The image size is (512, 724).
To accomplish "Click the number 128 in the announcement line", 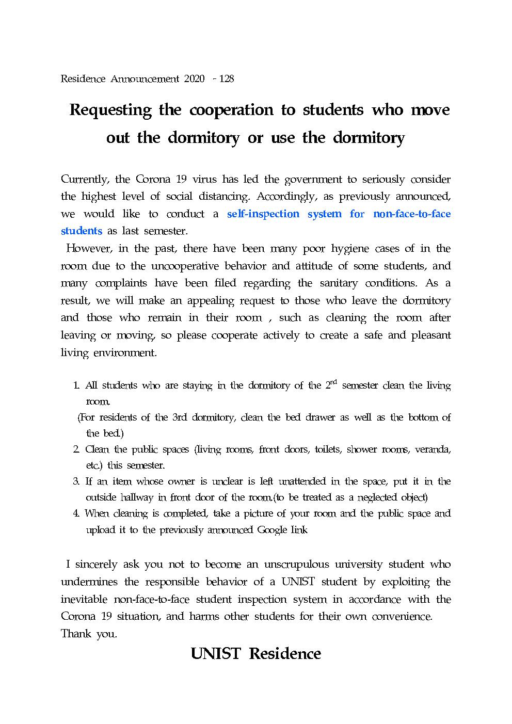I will [227, 79].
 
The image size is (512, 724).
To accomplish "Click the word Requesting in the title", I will [110, 110].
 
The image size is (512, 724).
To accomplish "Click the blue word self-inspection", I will [263, 214].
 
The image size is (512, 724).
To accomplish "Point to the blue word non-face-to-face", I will [411, 214].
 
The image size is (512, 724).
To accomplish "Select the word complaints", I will [121, 283].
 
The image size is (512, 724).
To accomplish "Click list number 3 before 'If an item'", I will [75, 481].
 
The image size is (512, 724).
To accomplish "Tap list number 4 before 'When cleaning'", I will [75, 513].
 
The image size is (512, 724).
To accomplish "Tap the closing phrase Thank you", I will [89, 634].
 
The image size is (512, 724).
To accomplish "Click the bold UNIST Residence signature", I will [256, 654].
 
